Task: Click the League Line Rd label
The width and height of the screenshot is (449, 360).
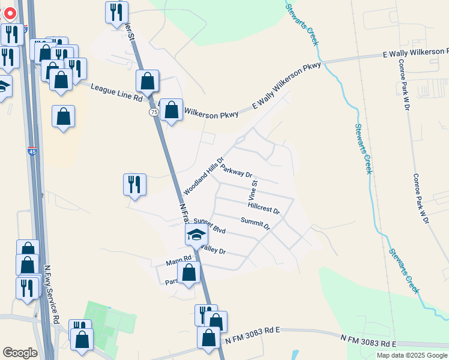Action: tap(116, 92)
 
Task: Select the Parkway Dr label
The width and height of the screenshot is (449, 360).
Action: tap(236, 171)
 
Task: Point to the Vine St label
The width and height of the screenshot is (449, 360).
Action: tap(253, 190)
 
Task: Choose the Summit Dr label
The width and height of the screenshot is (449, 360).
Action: tap(255, 224)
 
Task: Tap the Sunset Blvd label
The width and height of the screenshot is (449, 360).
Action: tap(209, 226)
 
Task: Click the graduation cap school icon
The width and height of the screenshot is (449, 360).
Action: tap(196, 235)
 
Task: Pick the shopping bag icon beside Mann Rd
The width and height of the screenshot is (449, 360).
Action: tap(189, 272)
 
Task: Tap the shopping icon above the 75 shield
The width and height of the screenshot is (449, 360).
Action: tap(148, 80)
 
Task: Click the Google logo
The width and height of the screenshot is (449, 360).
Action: tap(20, 353)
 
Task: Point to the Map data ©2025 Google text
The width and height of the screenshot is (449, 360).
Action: tap(411, 355)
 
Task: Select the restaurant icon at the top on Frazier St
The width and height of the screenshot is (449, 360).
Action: tap(116, 11)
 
